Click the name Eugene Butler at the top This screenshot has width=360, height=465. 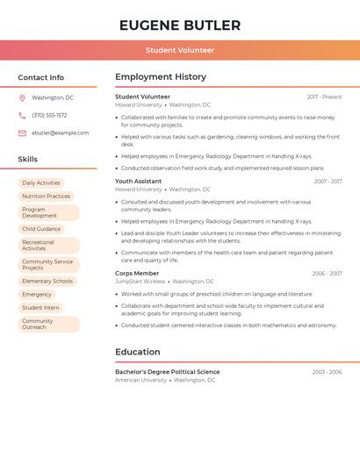tap(180, 25)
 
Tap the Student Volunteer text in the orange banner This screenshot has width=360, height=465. tap(180, 50)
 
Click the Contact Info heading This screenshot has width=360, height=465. tap(40, 77)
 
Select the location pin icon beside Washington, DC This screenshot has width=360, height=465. tap(22, 97)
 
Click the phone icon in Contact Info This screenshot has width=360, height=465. tap(22, 115)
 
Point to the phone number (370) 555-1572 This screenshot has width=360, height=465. tap(49, 115)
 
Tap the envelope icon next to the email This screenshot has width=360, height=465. tap(22, 132)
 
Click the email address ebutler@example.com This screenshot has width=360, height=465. tap(60, 132)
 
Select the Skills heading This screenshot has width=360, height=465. tap(27, 159)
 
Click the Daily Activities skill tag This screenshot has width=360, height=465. tap(41, 182)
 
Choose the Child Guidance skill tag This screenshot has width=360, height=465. tap(41, 229)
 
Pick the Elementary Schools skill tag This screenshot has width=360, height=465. tap(47, 281)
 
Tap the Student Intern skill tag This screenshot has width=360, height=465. tap(40, 308)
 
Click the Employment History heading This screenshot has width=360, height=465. tap(161, 77)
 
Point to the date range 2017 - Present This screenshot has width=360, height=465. tap(324, 97)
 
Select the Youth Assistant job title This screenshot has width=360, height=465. tap(138, 181)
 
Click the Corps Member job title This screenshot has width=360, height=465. tap(137, 273)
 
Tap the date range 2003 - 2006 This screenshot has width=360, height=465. tap(327, 372)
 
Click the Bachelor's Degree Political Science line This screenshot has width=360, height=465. tap(167, 372)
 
